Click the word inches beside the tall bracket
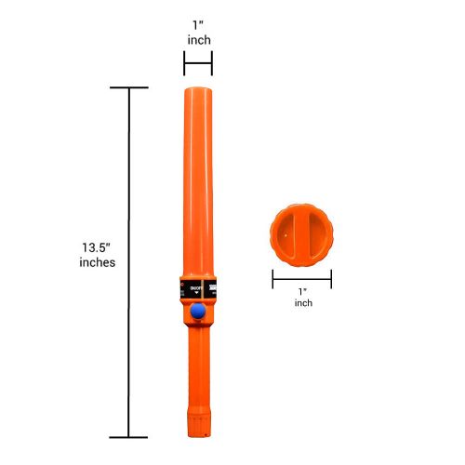coord(98,263)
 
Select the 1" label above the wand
coord(198,25)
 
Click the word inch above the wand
coord(198,41)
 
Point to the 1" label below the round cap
coord(301,290)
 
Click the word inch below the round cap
coord(301,304)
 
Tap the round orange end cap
coord(301,234)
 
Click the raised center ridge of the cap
coord(301,234)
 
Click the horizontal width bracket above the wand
coord(198,63)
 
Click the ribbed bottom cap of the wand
coord(199,423)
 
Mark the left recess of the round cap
coord(286,234)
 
